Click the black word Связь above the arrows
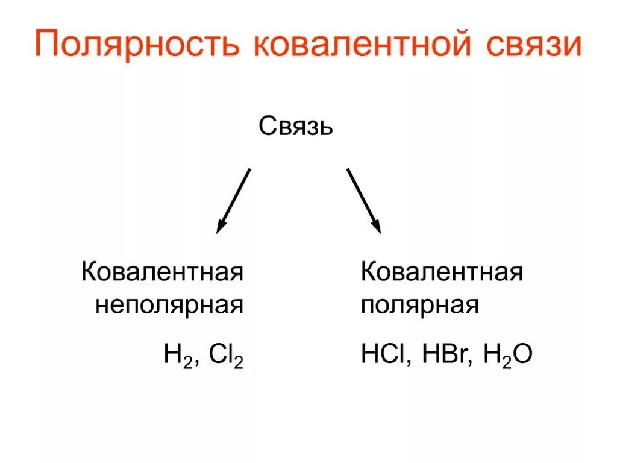click(x=296, y=126)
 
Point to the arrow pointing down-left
click(x=234, y=199)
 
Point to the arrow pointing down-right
click(x=363, y=199)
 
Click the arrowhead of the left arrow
click(x=221, y=227)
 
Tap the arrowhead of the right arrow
click(x=376, y=227)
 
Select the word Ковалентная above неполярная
click(x=163, y=272)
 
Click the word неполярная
click(x=169, y=305)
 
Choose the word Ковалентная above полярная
click(x=442, y=272)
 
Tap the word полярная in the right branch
click(x=419, y=305)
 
